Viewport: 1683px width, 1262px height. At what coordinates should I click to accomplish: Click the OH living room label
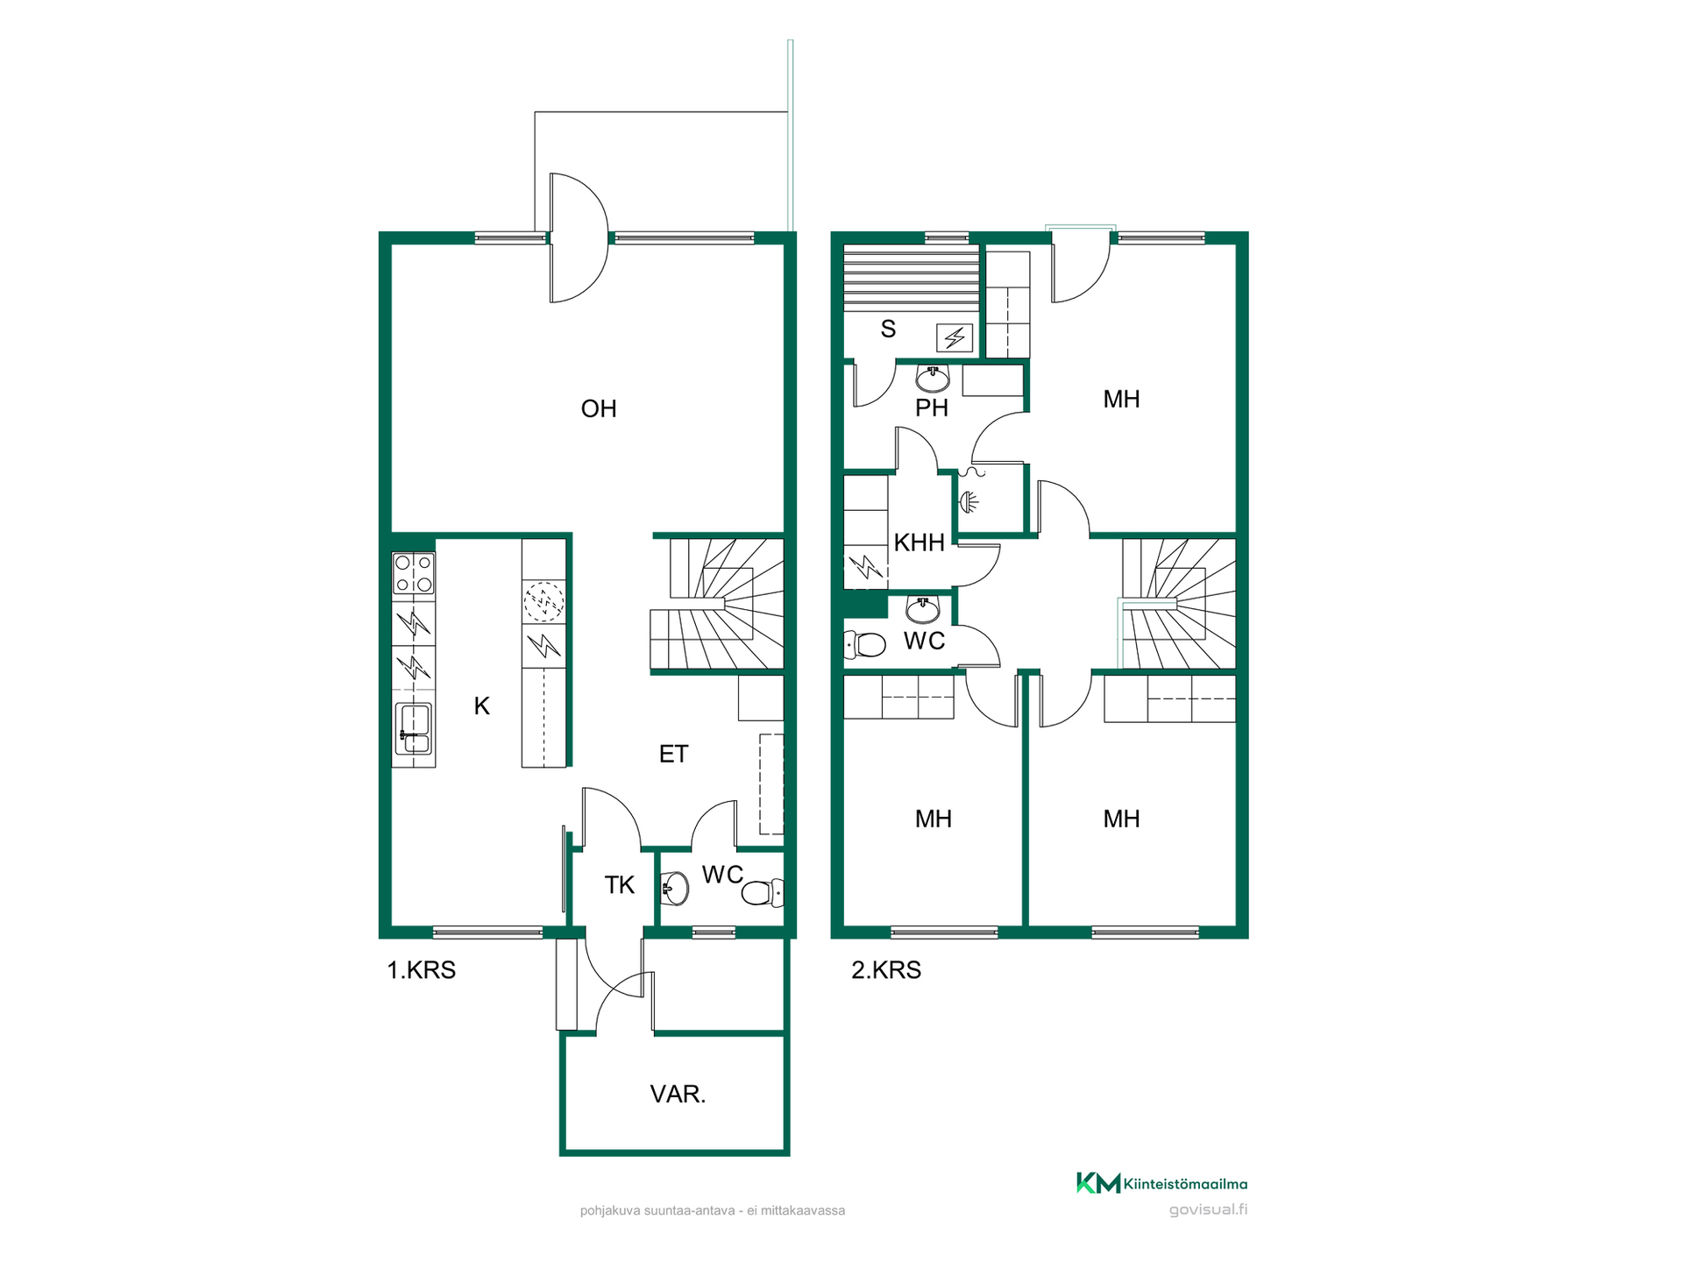pyautogui.click(x=599, y=408)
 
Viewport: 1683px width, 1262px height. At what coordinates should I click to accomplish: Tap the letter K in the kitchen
pyautogui.click(x=481, y=705)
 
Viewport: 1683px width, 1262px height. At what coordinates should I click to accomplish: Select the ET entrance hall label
pyautogui.click(x=673, y=754)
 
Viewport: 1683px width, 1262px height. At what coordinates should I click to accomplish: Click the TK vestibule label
pyautogui.click(x=619, y=885)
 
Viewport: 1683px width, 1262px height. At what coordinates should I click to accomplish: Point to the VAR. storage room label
pyautogui.click(x=678, y=1094)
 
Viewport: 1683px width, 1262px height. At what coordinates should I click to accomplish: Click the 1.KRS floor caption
pyautogui.click(x=422, y=970)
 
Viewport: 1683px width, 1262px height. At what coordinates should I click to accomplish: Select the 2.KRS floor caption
pyautogui.click(x=886, y=970)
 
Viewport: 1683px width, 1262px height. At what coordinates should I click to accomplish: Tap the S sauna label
pyautogui.click(x=888, y=329)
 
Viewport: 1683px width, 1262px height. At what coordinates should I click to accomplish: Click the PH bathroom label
pyautogui.click(x=932, y=408)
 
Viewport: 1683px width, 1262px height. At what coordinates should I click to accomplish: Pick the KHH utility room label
pyautogui.click(x=919, y=542)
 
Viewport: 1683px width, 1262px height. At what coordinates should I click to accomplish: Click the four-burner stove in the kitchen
pyautogui.click(x=413, y=574)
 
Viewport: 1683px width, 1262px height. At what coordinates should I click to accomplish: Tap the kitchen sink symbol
pyautogui.click(x=413, y=728)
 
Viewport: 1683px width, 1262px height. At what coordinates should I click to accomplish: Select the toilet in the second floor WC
pyautogui.click(x=865, y=645)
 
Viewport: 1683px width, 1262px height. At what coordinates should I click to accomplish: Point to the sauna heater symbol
pyautogui.click(x=955, y=337)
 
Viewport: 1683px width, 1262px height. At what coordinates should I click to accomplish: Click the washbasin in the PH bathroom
pyautogui.click(x=933, y=379)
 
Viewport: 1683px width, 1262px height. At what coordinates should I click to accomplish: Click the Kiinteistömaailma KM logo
pyautogui.click(x=1161, y=1183)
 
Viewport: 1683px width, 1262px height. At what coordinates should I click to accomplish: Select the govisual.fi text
pyautogui.click(x=1208, y=1209)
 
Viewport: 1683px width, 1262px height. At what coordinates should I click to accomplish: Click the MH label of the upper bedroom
pyautogui.click(x=1121, y=399)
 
